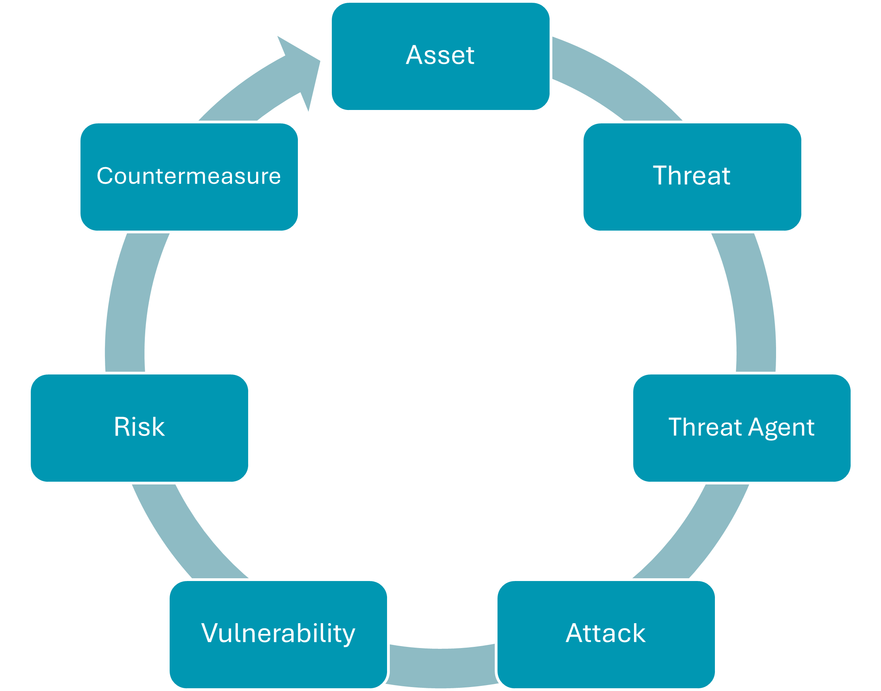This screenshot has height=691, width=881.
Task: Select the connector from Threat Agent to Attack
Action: [696, 534]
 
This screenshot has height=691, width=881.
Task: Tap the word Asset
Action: [440, 55]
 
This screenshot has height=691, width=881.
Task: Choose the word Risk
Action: [139, 427]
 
